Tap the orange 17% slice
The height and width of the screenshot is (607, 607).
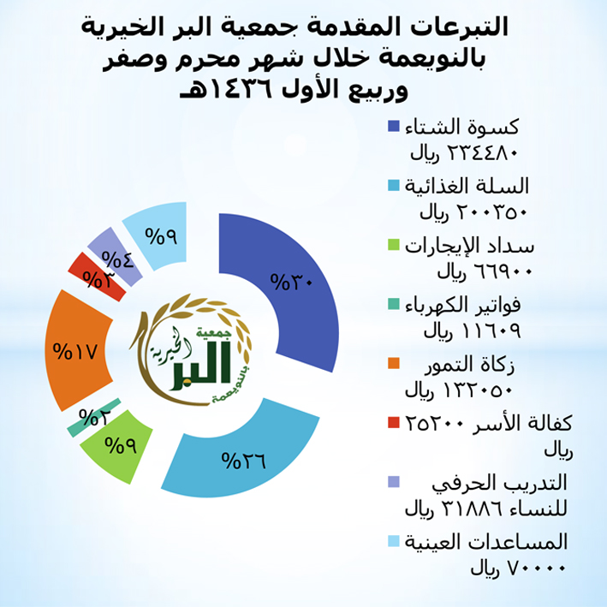(75, 350)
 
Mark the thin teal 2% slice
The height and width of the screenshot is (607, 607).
(94, 417)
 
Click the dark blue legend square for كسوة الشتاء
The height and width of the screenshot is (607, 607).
(394, 126)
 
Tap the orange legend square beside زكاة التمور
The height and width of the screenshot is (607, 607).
(394, 364)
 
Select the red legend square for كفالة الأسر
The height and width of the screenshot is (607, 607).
(394, 422)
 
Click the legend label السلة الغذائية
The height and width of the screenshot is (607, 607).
(467, 186)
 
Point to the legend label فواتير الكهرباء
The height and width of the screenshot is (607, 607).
(463, 306)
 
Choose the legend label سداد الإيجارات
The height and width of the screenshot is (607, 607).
(469, 247)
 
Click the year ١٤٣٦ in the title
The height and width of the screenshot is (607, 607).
(238, 89)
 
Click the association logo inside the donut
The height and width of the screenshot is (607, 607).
(190, 350)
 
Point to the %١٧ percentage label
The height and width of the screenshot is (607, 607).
(74, 351)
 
